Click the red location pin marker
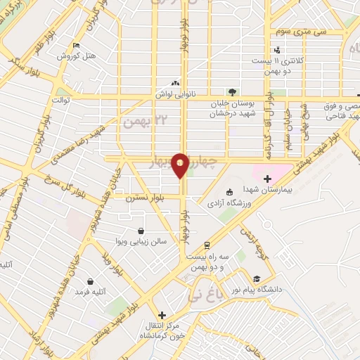pyautogui.click(x=181, y=165)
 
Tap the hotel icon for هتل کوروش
pyautogui.click(x=76, y=46)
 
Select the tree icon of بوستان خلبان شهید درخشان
pyautogui.click(x=232, y=91)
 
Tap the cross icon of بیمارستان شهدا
pyautogui.click(x=267, y=179)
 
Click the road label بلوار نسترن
pyautogui.click(x=140, y=199)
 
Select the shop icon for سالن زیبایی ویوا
pyautogui.click(x=141, y=231)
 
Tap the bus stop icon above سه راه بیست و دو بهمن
pyautogui.click(x=207, y=245)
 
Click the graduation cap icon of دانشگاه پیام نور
pyautogui.click(x=257, y=278)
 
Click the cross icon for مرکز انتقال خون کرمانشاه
pyautogui.click(x=162, y=315)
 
